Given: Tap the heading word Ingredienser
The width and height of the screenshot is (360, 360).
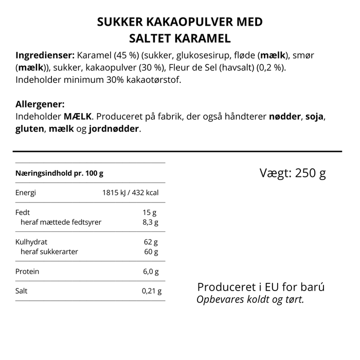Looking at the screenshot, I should tap(45, 55).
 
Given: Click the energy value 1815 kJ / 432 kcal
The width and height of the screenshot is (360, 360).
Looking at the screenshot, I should tap(130, 193).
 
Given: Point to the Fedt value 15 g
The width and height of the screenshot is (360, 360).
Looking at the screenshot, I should tap(150, 212).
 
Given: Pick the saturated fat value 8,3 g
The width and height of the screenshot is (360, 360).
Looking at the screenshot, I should tap(150, 222).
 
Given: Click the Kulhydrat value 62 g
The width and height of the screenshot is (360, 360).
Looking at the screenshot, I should tap(151, 242).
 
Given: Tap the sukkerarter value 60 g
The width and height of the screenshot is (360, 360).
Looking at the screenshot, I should tap(151, 251).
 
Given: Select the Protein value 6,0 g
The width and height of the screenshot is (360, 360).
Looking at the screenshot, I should tap(150, 271).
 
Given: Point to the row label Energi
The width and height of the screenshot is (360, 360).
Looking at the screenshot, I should tap(26, 193).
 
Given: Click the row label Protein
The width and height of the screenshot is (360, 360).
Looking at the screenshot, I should tap(28, 271).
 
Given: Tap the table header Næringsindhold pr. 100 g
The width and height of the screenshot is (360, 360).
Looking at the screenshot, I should tap(60, 173).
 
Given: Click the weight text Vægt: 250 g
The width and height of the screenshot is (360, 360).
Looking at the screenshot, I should tap(293, 173).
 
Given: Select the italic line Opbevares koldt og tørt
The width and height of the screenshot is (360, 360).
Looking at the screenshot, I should tap(250, 299).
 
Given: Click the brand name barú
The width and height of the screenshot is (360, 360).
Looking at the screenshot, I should tap(313, 287).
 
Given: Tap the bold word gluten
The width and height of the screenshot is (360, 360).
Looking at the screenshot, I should tap(30, 129).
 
